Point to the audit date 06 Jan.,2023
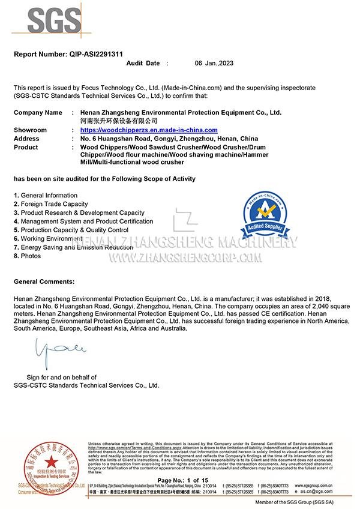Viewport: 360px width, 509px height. click(x=217, y=63)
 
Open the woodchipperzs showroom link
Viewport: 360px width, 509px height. click(x=149, y=130)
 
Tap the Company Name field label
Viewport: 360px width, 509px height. click(x=38, y=112)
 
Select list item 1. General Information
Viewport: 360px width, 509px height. click(x=46, y=195)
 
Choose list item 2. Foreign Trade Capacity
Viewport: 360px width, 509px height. click(x=50, y=204)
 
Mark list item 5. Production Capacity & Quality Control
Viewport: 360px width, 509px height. click(x=71, y=230)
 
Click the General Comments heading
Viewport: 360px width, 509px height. click(x=44, y=281)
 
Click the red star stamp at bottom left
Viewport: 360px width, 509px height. click(x=52, y=462)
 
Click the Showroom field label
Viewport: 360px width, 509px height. click(x=30, y=130)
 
